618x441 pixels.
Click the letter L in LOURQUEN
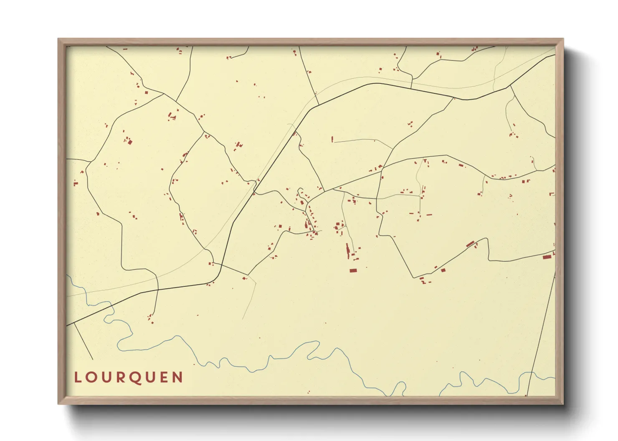[78, 377]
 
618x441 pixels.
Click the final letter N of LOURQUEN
[178, 377]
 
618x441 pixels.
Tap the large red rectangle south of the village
[353, 271]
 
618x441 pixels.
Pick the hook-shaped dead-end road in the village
[300, 192]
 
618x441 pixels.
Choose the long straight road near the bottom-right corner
[541, 333]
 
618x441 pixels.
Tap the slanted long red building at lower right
[470, 244]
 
